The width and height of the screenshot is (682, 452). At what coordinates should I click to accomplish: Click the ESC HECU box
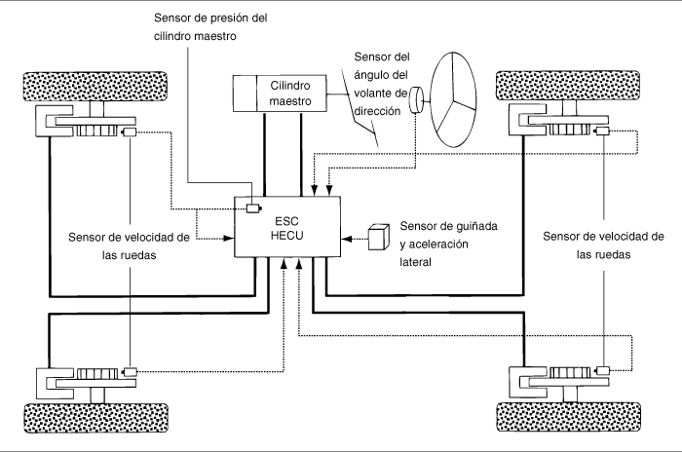coord(287,227)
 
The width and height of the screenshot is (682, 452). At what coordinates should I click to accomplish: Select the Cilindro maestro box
coord(280,94)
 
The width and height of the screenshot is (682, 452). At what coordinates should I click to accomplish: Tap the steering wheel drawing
coord(453,100)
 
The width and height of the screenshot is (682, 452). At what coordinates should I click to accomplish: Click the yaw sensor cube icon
coord(378,237)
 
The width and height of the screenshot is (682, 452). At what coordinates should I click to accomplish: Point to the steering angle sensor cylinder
coord(416,100)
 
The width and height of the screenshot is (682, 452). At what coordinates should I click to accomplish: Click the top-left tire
coord(95,87)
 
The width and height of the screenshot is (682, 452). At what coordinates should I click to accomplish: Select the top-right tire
coord(568,86)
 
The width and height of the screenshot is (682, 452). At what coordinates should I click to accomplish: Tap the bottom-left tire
coord(95,418)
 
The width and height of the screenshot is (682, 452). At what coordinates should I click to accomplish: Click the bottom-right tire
coord(568,417)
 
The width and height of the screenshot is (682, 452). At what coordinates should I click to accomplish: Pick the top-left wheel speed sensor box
coord(130,132)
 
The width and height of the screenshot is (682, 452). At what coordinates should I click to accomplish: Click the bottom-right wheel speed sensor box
coord(602,370)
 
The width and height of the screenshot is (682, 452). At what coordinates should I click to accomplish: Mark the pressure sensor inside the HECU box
coord(253,208)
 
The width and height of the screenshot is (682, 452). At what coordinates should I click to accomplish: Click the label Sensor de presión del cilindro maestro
coord(210,27)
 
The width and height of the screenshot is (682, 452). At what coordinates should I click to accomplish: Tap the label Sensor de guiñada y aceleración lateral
coord(448,245)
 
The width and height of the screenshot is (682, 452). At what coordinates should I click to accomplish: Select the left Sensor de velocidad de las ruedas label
coord(130,246)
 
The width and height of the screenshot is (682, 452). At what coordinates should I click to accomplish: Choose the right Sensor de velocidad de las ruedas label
coord(604,245)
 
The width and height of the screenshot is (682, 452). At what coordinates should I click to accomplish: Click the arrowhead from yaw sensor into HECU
coord(346,239)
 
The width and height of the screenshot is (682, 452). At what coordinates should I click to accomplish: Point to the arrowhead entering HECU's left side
coord(229,238)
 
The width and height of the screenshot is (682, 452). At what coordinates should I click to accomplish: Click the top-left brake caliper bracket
coord(54,121)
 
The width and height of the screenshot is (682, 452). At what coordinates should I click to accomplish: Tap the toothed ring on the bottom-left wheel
coord(97,373)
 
